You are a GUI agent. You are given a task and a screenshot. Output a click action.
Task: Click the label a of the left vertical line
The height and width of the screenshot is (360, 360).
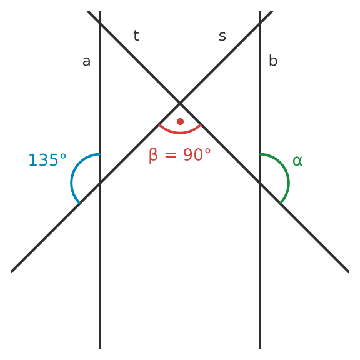[86, 61]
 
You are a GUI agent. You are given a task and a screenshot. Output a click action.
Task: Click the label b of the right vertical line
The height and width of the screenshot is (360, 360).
[273, 61]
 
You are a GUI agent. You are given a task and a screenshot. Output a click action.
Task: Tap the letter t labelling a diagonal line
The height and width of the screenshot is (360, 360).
[136, 36]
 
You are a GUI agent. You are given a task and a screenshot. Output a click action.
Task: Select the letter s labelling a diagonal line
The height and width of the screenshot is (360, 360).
[222, 36]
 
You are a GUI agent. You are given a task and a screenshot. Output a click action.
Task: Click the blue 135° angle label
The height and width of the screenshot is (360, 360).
[47, 160]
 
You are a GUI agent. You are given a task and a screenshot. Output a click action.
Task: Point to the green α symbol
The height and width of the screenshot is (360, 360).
[297, 161]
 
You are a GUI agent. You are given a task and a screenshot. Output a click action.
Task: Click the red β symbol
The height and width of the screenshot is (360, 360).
[153, 156]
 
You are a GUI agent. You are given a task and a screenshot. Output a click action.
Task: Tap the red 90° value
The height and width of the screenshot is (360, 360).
[197, 154]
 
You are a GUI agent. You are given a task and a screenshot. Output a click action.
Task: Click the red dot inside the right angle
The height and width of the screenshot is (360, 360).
[180, 121]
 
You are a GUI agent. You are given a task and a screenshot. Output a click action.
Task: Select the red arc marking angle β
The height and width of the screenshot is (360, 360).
[180, 132]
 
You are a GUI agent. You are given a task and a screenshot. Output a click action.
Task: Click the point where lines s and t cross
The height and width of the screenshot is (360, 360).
[180, 103]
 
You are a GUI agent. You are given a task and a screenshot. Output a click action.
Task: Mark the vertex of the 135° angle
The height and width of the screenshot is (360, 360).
[100, 183]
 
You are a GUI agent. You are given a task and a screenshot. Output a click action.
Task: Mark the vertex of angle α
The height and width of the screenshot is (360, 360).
[260, 183]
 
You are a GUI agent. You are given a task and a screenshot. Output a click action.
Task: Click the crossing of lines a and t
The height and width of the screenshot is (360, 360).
[100, 23]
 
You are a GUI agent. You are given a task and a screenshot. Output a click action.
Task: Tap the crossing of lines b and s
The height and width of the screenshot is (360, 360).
[260, 23]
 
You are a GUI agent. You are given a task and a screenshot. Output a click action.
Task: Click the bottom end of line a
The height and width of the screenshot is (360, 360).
[100, 348]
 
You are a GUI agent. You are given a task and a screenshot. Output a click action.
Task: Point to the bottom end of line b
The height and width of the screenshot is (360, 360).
[260, 348]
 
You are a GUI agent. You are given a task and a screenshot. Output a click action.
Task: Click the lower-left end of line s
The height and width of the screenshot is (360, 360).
[12, 272]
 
